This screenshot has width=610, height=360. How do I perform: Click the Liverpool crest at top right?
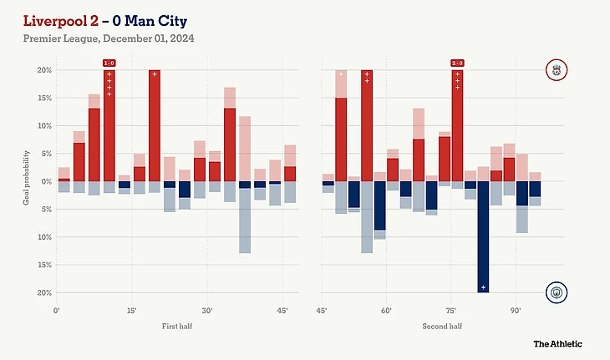(556, 69)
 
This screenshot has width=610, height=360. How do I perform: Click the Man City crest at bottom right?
(556, 292)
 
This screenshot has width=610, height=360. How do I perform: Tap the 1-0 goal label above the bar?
(109, 63)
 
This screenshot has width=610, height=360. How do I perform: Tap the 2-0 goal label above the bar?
(457, 63)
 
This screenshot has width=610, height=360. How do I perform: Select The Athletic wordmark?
(558, 343)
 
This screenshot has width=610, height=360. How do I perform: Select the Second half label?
(443, 326)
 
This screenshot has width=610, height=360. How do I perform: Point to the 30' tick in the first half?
(208, 311)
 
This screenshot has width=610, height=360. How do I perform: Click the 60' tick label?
(387, 311)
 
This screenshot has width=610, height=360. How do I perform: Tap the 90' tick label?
(516, 311)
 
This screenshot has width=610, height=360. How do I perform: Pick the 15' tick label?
(132, 311)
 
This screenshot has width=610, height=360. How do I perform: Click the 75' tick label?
(452, 311)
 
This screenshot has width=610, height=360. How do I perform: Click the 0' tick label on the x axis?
(56, 311)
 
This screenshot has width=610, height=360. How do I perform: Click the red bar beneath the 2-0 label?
(457, 125)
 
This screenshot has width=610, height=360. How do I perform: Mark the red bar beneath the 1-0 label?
(109, 125)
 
